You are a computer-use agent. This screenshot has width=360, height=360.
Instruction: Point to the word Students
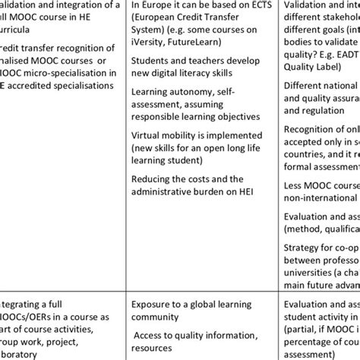[x=150, y=58]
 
